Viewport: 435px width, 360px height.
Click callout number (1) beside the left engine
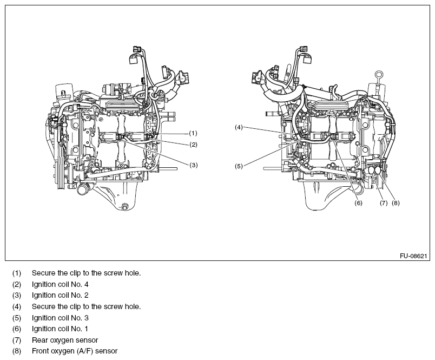click(x=193, y=133)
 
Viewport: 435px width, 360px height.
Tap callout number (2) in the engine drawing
click(x=193, y=145)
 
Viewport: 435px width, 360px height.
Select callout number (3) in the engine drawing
click(x=193, y=165)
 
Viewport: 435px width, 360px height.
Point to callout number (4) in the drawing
click(x=239, y=127)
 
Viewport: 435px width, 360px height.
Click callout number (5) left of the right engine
click(x=239, y=166)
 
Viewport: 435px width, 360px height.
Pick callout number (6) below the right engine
click(x=358, y=204)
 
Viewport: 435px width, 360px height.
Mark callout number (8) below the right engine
click(x=395, y=204)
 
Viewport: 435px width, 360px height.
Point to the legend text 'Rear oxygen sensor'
click(x=64, y=340)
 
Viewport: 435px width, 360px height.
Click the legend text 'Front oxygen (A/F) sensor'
click(x=74, y=351)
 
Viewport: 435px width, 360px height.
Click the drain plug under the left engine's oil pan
click(x=126, y=206)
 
